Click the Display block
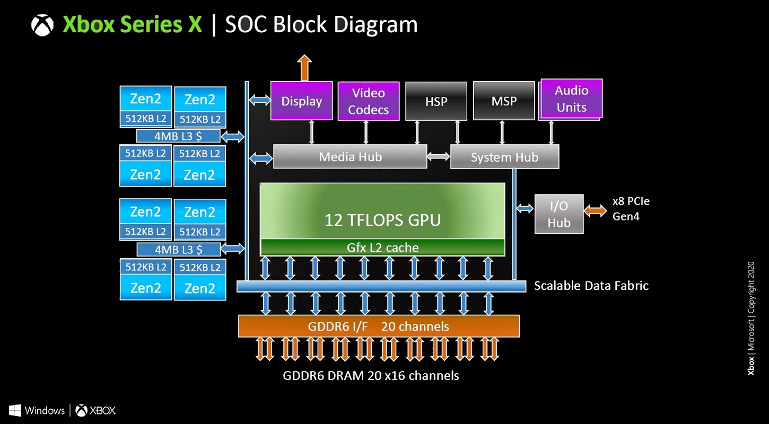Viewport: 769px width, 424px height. (301, 101)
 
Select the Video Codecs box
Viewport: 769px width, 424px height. (368, 101)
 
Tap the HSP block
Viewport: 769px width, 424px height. (436, 101)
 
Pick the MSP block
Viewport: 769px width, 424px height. (503, 101)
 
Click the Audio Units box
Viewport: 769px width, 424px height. (571, 99)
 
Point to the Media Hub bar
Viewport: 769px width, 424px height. (350, 157)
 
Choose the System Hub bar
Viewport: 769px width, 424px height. (504, 157)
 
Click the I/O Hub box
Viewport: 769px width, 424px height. (558, 214)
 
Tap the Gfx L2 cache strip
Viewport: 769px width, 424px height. (382, 248)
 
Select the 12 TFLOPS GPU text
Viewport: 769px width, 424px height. (382, 219)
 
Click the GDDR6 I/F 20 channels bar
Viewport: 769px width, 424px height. (378, 326)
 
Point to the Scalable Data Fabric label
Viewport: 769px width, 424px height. (591, 286)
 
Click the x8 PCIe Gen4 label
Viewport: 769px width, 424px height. (631, 209)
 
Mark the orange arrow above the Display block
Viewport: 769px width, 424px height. (304, 68)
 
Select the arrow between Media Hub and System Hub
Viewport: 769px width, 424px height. (439, 157)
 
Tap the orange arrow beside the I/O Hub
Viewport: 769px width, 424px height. (595, 210)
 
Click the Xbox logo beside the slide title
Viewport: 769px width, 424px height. (42, 25)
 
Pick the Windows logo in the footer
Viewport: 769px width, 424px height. (15, 410)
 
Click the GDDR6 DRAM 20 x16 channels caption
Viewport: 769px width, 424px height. (371, 376)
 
